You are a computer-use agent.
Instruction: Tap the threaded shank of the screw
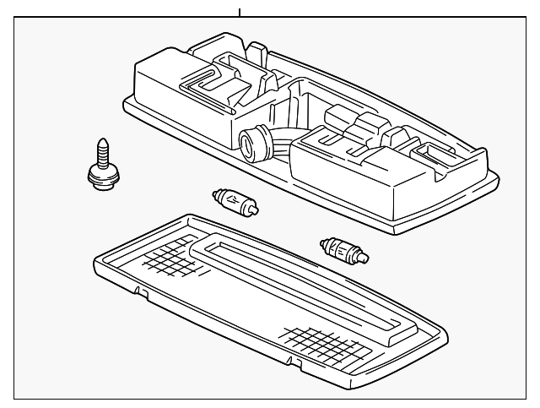(x=102, y=155)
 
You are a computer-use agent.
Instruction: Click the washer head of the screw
(x=103, y=177)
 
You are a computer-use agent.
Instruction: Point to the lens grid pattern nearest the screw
(x=173, y=256)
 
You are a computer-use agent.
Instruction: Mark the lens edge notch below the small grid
(x=141, y=292)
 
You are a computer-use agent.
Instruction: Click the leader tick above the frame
(x=240, y=12)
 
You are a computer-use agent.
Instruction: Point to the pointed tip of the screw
(x=102, y=141)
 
